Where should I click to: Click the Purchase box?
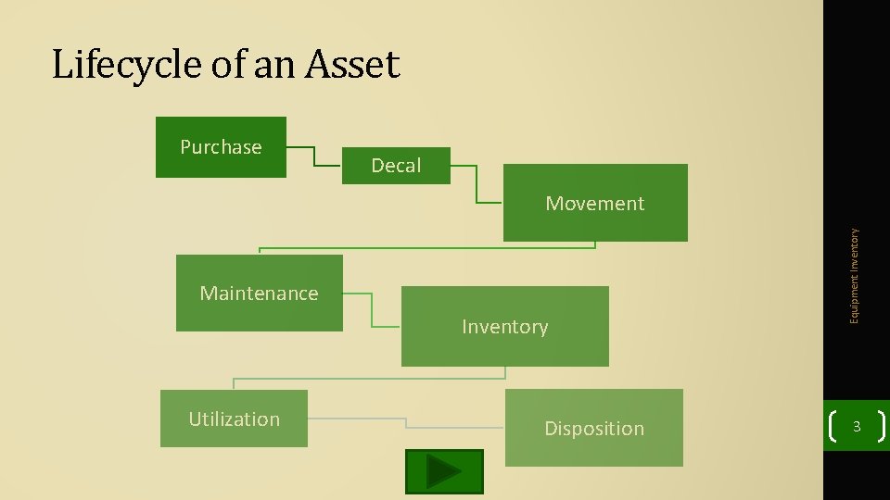click(x=221, y=146)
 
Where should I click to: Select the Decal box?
click(x=396, y=165)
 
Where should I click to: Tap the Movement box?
click(x=595, y=203)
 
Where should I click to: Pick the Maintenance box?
click(x=259, y=293)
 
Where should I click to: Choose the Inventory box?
click(x=504, y=326)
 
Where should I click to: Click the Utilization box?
click(x=234, y=419)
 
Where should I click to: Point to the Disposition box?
click(x=593, y=428)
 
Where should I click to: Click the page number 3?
click(x=857, y=427)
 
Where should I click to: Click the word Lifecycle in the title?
click(x=114, y=65)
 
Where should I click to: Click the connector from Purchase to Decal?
click(x=315, y=156)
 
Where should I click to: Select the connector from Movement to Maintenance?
click(x=426, y=247)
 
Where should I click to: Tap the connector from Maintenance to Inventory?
click(x=372, y=311)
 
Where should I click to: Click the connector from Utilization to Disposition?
click(x=406, y=423)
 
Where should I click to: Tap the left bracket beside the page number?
click(x=833, y=427)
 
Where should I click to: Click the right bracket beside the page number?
click(x=881, y=427)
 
